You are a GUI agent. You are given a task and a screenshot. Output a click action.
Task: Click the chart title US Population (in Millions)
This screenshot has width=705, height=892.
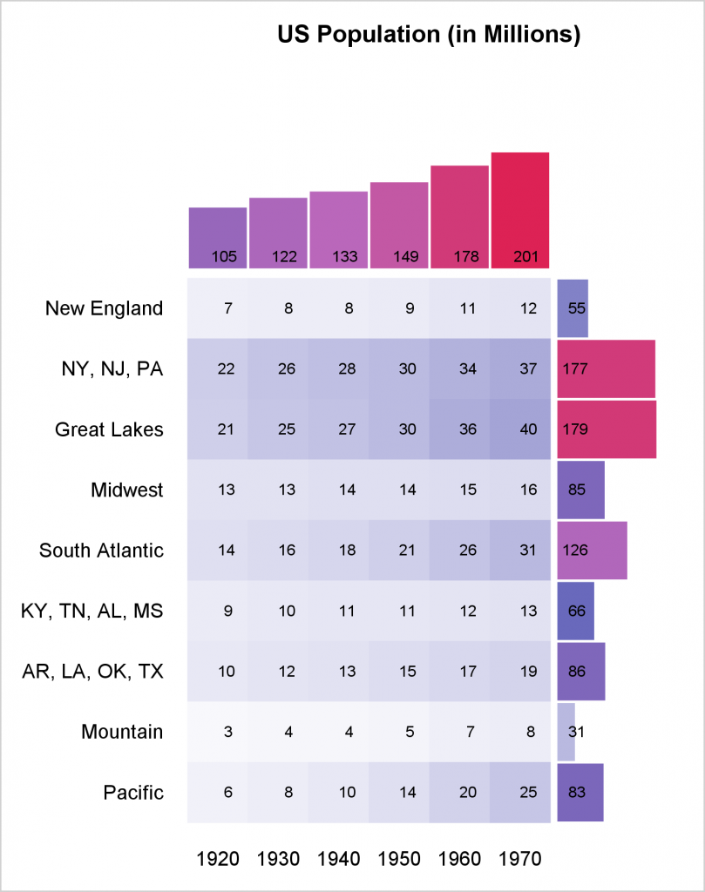(429, 35)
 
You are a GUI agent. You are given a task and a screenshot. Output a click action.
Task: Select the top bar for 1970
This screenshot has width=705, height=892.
(520, 210)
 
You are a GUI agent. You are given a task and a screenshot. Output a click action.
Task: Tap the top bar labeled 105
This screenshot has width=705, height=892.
(218, 238)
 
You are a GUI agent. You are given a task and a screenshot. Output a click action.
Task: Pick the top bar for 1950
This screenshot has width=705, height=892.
(399, 225)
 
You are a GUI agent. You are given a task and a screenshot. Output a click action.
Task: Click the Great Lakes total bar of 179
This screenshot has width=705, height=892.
(607, 429)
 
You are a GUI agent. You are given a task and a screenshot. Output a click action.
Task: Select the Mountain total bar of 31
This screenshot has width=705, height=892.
(566, 732)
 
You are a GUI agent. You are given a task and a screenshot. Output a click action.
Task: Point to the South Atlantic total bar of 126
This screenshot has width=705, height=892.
(592, 550)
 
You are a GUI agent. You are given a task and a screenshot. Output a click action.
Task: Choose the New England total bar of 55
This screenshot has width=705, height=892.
(573, 308)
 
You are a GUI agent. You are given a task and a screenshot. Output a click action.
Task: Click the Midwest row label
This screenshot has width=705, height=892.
(127, 490)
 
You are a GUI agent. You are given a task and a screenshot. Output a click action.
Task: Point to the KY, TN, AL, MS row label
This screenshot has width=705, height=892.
(92, 611)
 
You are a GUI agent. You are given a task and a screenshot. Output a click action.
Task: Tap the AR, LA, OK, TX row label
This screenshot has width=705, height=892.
(92, 672)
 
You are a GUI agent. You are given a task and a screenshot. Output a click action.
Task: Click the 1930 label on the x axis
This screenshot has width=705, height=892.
(279, 859)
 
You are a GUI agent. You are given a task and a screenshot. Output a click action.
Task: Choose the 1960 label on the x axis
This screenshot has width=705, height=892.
(460, 859)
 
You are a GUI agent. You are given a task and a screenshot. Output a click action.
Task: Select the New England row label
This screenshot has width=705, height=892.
(105, 308)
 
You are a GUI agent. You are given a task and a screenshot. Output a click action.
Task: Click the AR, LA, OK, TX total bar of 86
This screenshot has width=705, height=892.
(581, 672)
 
